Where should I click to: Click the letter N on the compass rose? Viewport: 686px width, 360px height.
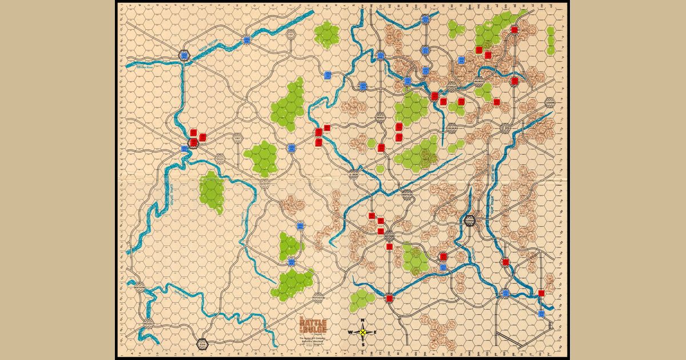[x=364, y=320]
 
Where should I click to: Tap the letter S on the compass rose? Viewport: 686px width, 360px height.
[x=364, y=345]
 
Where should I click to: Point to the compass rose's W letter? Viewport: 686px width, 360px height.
[x=350, y=332]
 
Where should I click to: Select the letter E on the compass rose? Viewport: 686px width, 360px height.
[x=374, y=332]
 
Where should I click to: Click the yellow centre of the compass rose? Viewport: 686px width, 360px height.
[x=364, y=332]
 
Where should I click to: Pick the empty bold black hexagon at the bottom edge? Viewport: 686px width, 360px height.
[x=201, y=345]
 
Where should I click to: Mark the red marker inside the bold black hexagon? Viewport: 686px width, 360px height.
[x=194, y=141]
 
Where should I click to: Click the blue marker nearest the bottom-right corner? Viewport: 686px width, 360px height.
[x=541, y=314]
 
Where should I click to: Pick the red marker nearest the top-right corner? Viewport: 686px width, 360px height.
[x=514, y=30]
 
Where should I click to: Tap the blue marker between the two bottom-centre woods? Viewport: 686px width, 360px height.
[x=291, y=262]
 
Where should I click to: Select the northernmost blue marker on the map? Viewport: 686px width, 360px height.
[x=425, y=19]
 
